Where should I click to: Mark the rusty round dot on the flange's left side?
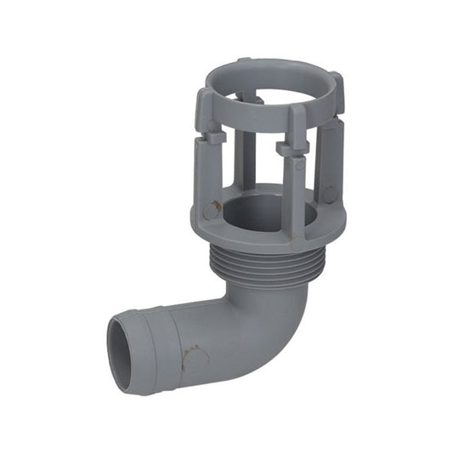tap(209, 209)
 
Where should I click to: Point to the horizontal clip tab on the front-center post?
tap(294, 148)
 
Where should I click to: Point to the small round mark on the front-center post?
tap(298, 166)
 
